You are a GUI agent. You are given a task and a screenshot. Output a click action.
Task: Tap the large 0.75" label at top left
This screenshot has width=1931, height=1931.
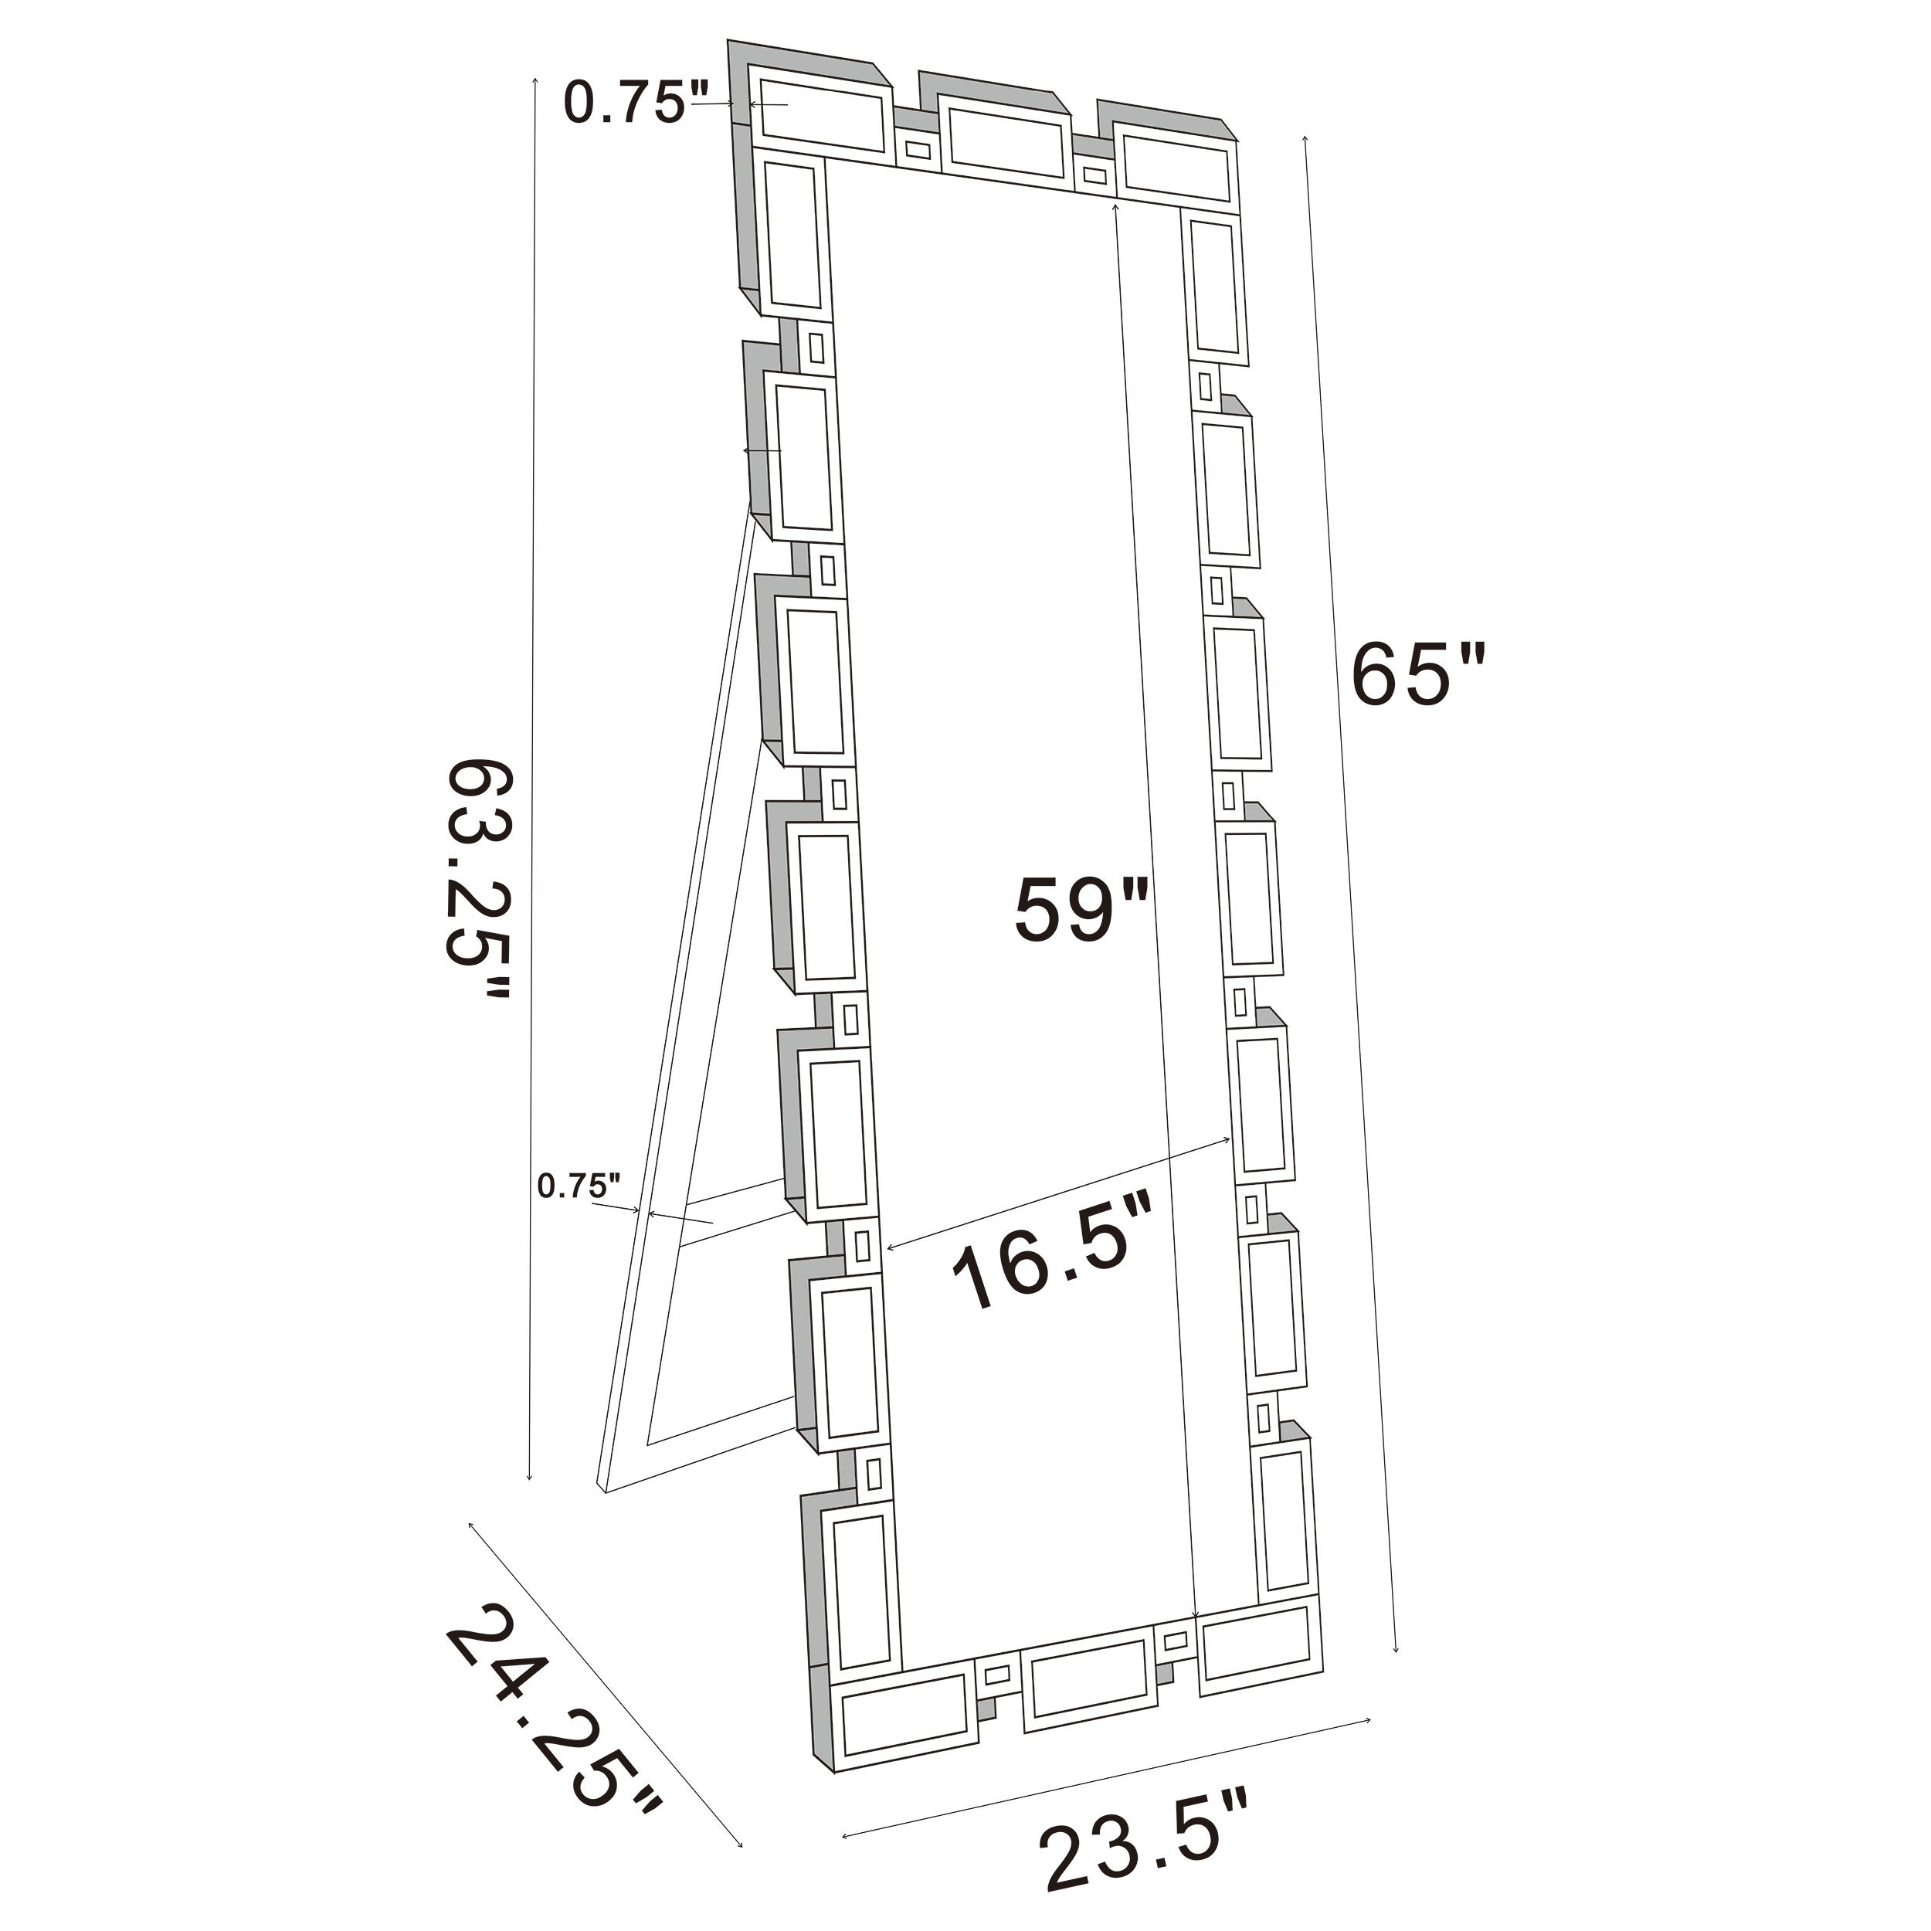coord(633,102)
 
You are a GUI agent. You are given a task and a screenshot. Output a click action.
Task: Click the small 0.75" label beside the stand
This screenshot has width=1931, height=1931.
coord(579,1186)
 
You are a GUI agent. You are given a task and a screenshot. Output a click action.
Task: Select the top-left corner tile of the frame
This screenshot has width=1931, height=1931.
coord(823,121)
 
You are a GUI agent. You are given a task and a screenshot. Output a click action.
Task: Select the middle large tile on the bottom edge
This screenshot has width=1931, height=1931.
coord(1087,1680)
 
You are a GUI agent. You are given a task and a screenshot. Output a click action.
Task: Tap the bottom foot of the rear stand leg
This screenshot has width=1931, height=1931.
coord(604,1489)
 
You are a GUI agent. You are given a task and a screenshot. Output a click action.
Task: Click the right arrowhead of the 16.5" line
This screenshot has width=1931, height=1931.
coord(1227,1139)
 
